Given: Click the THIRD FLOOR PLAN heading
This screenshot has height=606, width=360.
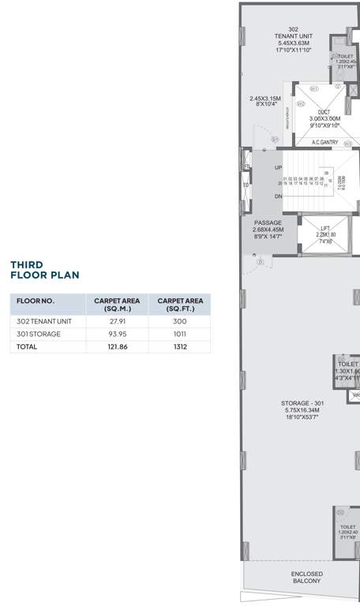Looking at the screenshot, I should click(44, 270).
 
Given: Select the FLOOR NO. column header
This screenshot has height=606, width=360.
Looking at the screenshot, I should click(35, 301).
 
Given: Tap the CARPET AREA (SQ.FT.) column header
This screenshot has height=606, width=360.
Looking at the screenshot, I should click(180, 305).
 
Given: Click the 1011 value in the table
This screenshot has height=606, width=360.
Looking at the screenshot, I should click(180, 334).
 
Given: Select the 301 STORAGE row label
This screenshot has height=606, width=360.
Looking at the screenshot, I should click(39, 334).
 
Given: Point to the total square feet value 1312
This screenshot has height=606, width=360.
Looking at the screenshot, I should click(180, 346).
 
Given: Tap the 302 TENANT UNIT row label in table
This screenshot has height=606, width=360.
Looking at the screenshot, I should click(44, 321).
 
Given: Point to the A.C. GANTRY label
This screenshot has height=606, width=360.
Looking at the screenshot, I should click(324, 142).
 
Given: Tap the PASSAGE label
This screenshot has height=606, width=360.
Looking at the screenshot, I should click(267, 223).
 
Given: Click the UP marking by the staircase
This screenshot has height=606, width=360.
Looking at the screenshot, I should click(278, 168).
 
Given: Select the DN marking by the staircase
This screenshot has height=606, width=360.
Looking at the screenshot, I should click(278, 196).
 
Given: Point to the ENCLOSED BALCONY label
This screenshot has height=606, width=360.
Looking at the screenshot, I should click(306, 577).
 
